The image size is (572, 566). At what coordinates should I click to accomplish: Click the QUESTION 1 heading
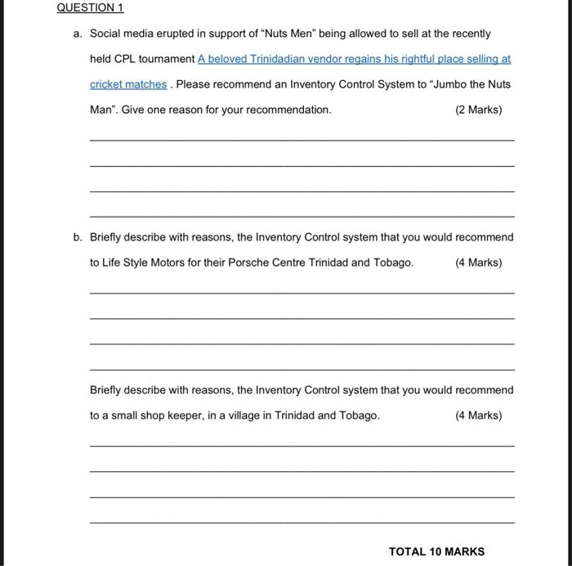[90, 7]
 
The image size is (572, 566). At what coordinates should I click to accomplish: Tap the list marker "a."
[78, 34]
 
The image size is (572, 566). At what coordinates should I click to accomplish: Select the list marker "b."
[78, 237]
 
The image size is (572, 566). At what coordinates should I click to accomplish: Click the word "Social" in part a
[105, 34]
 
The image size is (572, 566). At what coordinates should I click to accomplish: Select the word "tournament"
[167, 59]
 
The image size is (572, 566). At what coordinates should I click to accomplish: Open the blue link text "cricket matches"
[128, 84]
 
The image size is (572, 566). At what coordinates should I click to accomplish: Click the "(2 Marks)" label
[478, 110]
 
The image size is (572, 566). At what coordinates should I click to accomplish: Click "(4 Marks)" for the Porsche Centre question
[478, 263]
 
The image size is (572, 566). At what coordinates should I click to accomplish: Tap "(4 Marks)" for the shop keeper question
[478, 416]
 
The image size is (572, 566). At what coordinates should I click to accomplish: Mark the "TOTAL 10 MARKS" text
[436, 551]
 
